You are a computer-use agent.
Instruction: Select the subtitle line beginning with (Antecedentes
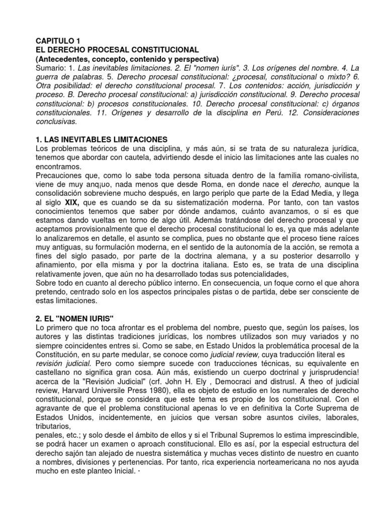124,59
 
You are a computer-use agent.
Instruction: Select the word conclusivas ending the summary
56,121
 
